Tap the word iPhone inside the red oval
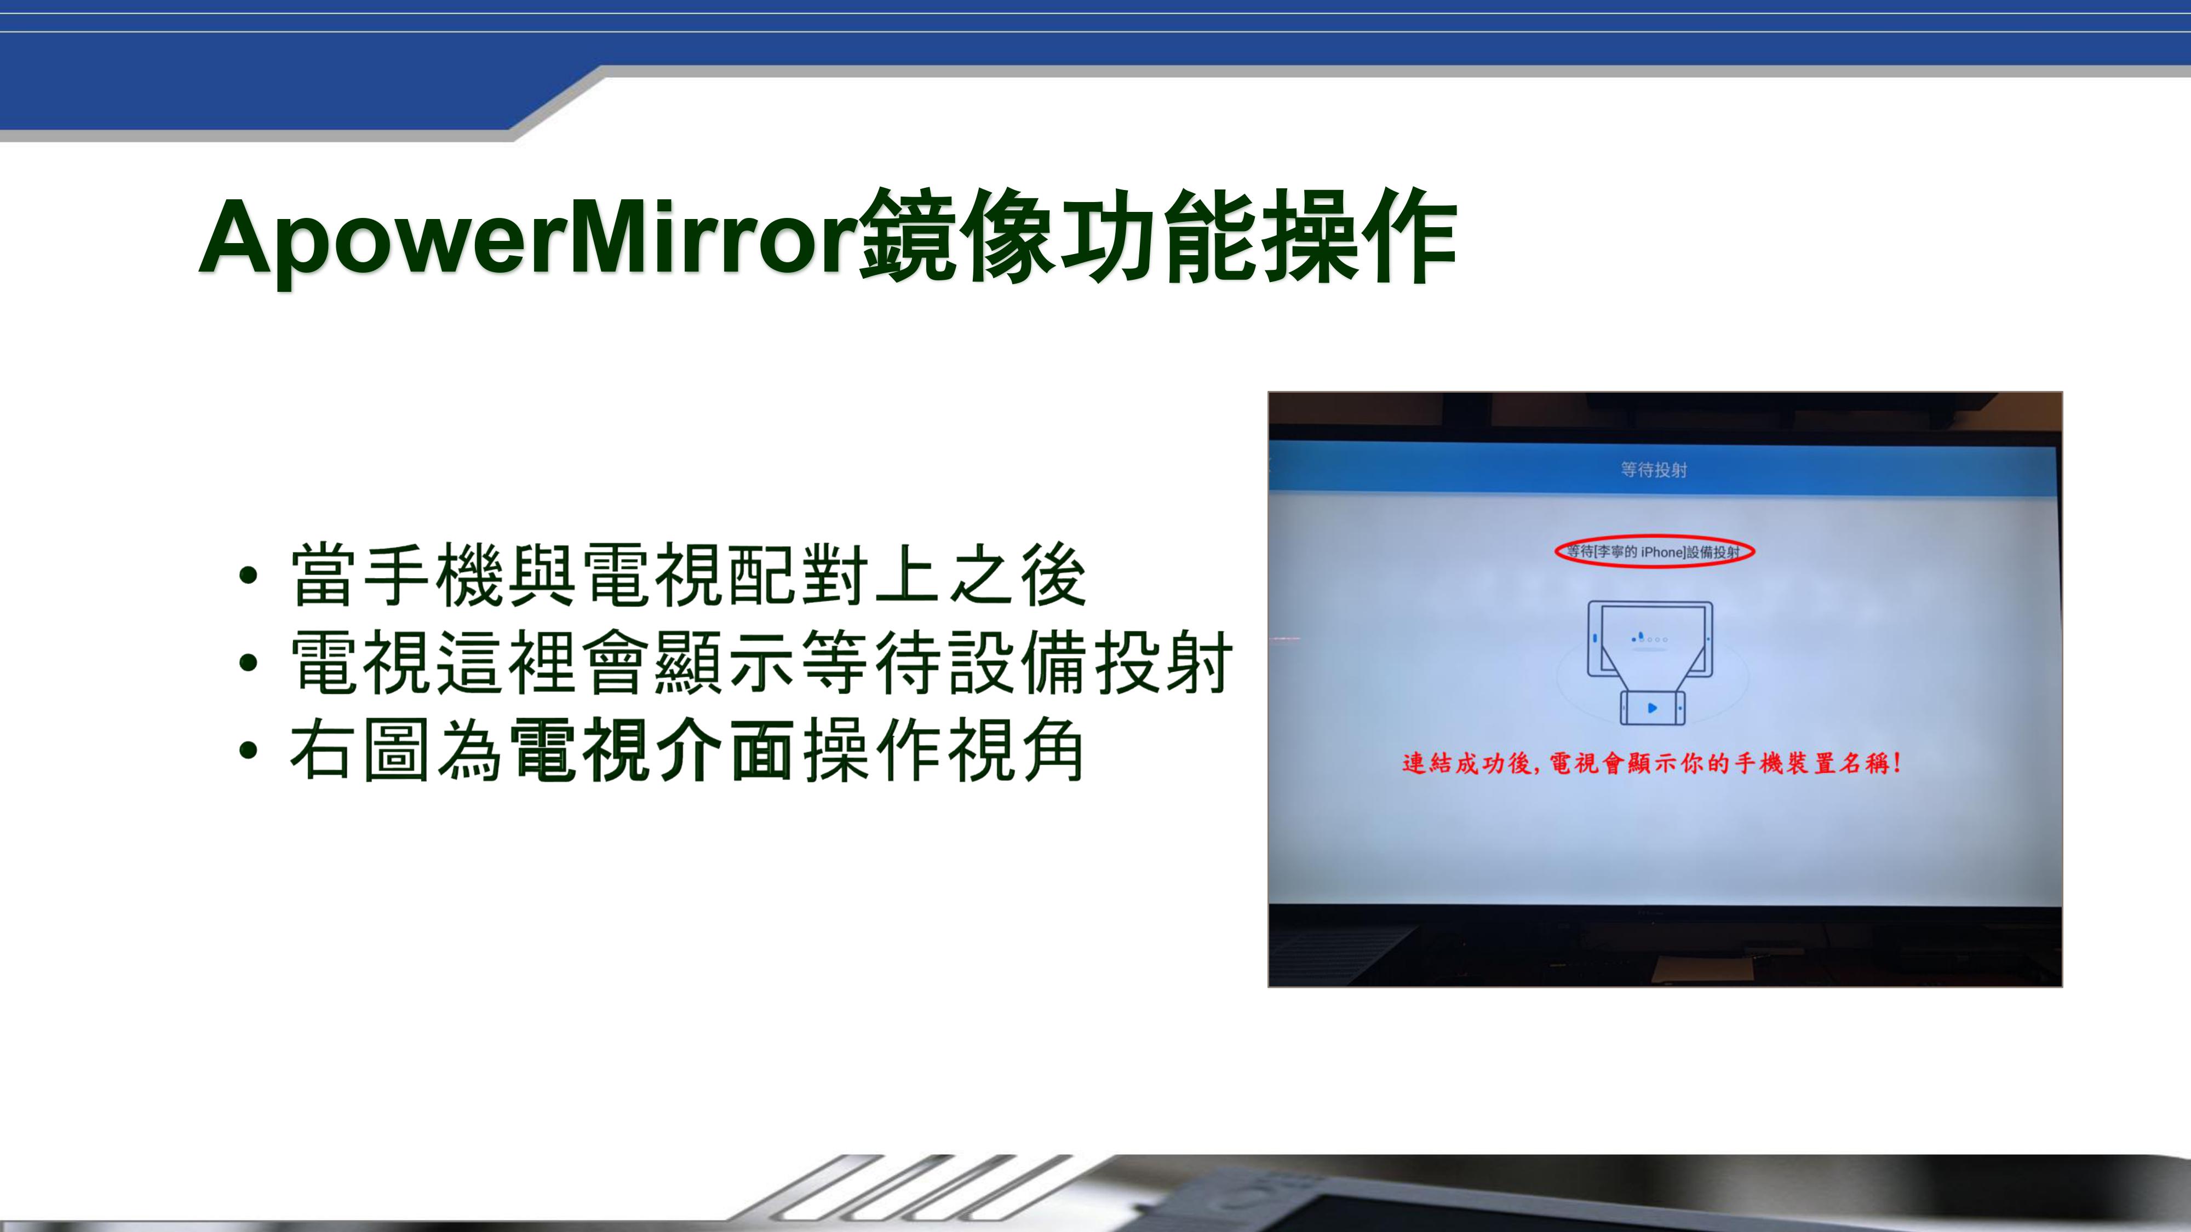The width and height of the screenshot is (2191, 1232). click(x=1663, y=552)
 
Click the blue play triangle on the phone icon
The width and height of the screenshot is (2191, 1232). click(x=1653, y=707)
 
